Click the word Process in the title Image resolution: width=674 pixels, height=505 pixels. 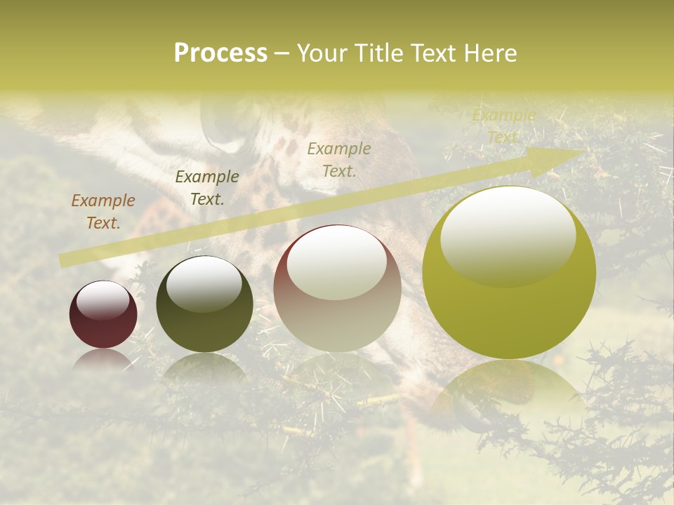(x=220, y=53)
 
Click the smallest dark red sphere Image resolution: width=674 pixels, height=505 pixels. (x=103, y=314)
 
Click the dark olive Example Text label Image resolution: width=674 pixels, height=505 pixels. (x=207, y=188)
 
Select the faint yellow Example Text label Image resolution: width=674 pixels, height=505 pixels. (x=504, y=126)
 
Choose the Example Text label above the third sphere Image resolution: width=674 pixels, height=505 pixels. (x=339, y=160)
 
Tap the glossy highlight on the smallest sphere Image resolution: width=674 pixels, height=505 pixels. (x=103, y=299)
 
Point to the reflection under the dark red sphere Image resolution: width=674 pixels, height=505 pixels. (x=103, y=359)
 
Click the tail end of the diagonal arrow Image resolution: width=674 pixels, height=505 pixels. (x=65, y=260)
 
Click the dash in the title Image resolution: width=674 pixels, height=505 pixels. (x=282, y=54)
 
